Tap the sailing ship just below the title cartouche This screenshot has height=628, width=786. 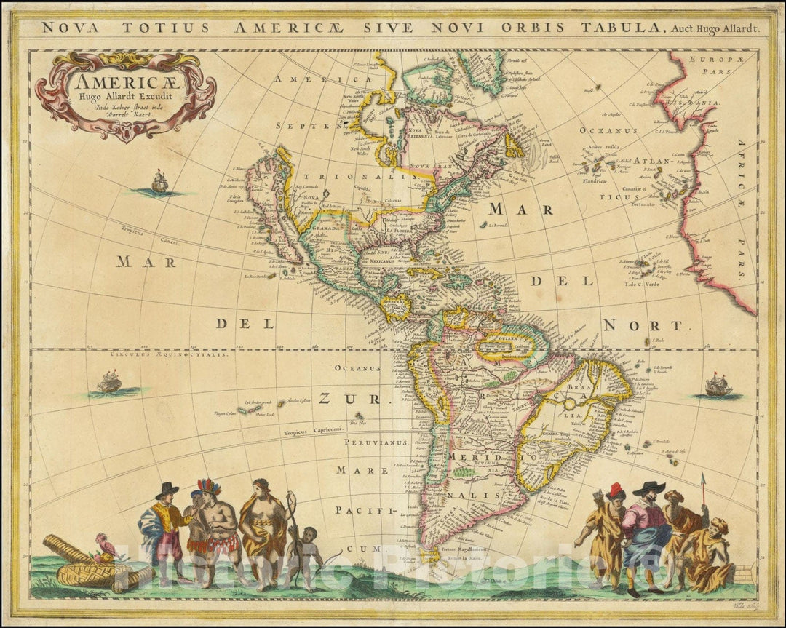(x=159, y=182)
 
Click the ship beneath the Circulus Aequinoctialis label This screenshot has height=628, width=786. (x=110, y=381)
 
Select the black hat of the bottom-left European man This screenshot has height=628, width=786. (x=167, y=489)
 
